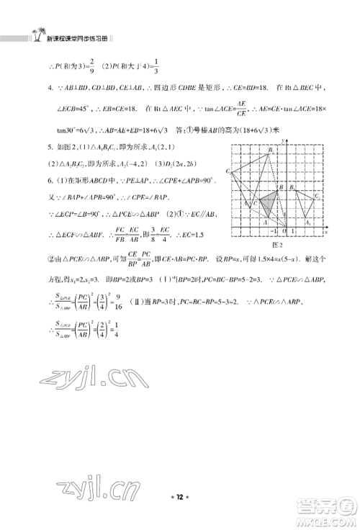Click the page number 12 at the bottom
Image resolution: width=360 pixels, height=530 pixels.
click(x=180, y=508)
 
